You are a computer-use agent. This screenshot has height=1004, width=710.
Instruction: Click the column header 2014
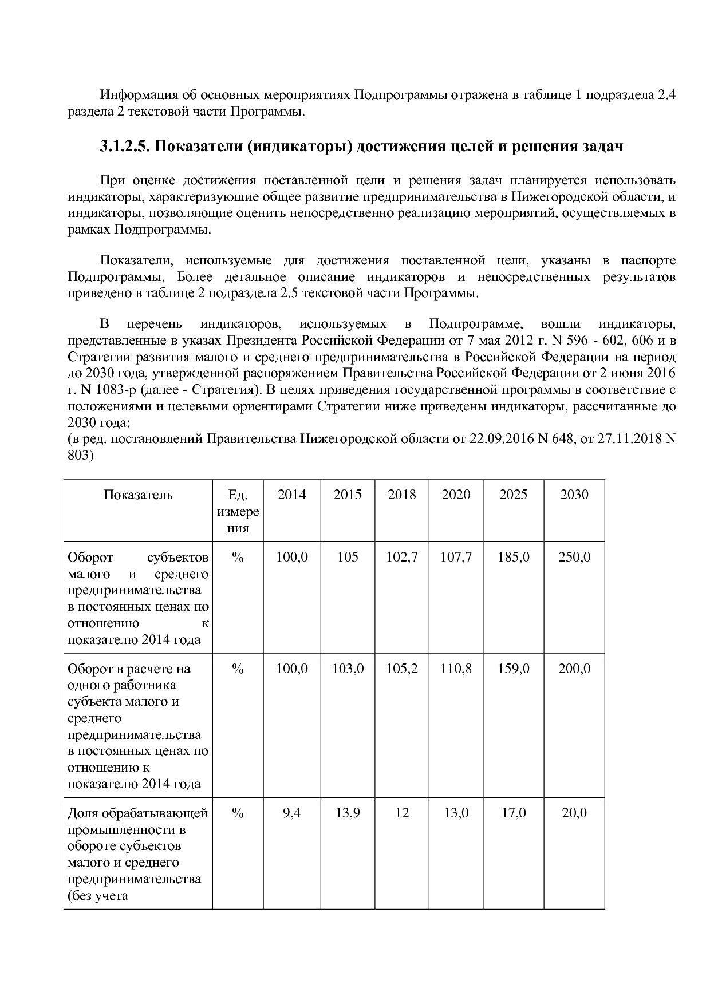pyautogui.click(x=291, y=495)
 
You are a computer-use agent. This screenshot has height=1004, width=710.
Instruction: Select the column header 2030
pyautogui.click(x=574, y=495)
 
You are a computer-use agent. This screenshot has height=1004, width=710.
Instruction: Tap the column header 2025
pyautogui.click(x=513, y=495)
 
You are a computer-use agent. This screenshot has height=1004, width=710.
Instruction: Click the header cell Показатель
pyautogui.click(x=138, y=495)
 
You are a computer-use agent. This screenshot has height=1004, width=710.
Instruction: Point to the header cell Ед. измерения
pyautogui.click(x=238, y=511)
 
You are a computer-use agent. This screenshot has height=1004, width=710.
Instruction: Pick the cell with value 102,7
pyautogui.click(x=401, y=557)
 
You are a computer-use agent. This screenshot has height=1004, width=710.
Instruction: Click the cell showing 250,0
pyautogui.click(x=574, y=557)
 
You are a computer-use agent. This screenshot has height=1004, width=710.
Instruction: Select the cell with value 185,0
pyautogui.click(x=513, y=557)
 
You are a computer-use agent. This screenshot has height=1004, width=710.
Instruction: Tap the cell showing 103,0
pyautogui.click(x=348, y=669)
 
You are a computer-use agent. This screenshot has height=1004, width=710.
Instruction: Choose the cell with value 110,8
pyautogui.click(x=456, y=669)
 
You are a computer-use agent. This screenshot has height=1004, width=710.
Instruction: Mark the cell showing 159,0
pyautogui.click(x=513, y=669)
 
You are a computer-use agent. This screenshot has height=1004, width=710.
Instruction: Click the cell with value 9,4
pyautogui.click(x=291, y=813)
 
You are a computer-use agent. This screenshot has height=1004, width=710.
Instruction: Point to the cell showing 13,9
pyautogui.click(x=348, y=813)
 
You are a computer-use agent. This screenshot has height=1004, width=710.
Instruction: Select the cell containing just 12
pyautogui.click(x=401, y=813)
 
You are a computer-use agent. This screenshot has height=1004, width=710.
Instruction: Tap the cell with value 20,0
pyautogui.click(x=574, y=813)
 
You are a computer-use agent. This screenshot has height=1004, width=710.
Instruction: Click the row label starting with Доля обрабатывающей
pyautogui.click(x=137, y=813)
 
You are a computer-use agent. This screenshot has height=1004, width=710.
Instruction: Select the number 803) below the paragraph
pyautogui.click(x=80, y=456)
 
